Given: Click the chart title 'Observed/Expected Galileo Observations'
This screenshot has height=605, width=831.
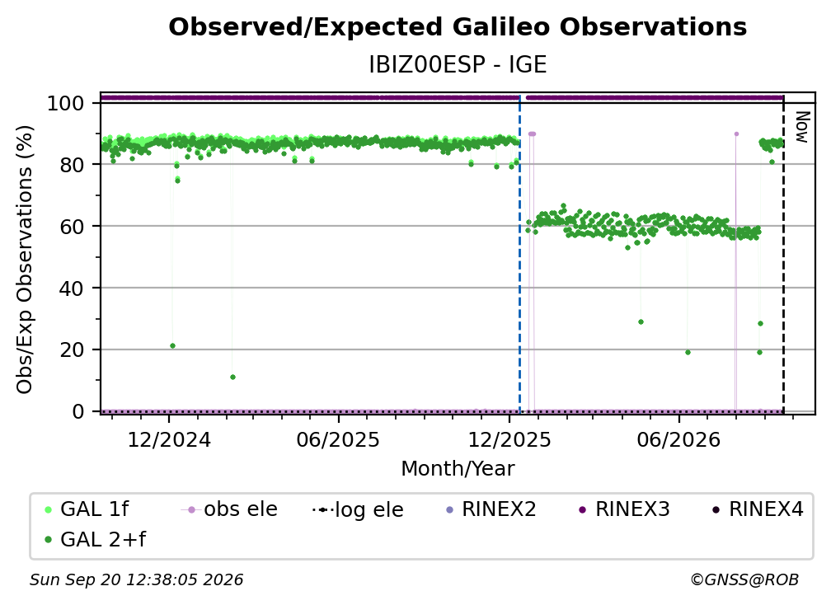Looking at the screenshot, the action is click(x=458, y=27).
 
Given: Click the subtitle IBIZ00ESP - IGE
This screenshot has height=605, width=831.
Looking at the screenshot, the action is click(x=458, y=64).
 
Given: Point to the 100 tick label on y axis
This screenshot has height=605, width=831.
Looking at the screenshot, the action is click(x=65, y=103).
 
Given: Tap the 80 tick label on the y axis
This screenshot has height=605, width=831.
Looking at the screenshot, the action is click(x=72, y=165).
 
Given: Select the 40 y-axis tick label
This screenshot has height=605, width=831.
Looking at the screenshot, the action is click(x=72, y=288).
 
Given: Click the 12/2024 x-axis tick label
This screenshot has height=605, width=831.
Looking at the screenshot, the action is click(x=169, y=439).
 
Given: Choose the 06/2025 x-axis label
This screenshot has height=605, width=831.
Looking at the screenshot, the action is click(x=338, y=439).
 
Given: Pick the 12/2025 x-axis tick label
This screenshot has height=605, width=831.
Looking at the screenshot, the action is click(x=509, y=439).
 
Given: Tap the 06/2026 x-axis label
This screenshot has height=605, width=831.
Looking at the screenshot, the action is click(x=679, y=439).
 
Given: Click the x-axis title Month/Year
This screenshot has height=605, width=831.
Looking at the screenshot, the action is click(x=458, y=469).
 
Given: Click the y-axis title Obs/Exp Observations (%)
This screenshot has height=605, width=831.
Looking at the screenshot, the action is click(x=25, y=260).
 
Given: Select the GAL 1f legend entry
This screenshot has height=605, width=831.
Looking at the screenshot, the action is click(x=87, y=509).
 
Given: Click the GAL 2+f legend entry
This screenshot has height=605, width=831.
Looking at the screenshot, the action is click(x=95, y=539).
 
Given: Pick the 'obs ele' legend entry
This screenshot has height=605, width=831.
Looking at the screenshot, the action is click(x=229, y=509).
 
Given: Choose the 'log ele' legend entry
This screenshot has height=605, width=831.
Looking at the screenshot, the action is click(x=359, y=509).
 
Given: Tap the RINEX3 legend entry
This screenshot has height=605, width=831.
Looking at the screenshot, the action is click(x=624, y=509).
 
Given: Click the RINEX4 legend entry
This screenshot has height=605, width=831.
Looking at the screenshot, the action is click(x=758, y=509).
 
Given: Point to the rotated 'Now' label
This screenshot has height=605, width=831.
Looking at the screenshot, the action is click(x=803, y=127).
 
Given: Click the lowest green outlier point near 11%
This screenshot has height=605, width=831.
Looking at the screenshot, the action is click(x=232, y=378).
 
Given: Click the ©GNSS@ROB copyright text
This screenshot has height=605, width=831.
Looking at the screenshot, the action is click(x=744, y=580).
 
